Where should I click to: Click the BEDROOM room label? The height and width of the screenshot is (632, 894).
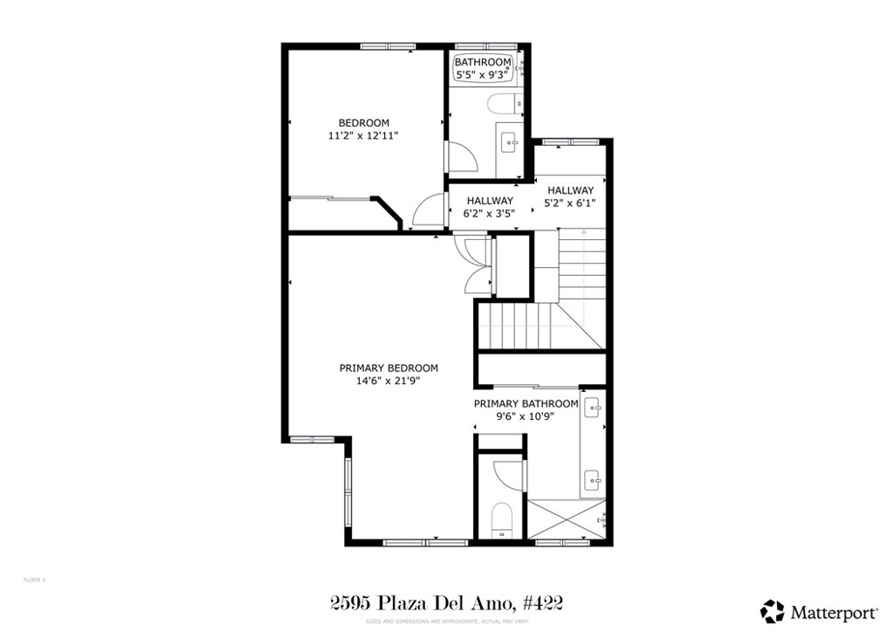pyautogui.click(x=364, y=123)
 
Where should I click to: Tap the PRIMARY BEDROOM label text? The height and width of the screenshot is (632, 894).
pyautogui.click(x=389, y=368)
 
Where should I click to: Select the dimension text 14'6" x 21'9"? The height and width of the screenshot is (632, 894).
pyautogui.click(x=389, y=381)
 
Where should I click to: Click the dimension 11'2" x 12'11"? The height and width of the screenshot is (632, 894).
pyautogui.click(x=364, y=136)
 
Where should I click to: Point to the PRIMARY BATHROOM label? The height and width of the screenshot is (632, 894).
pyautogui.click(x=526, y=404)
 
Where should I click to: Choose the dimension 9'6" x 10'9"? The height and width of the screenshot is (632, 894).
pyautogui.click(x=526, y=416)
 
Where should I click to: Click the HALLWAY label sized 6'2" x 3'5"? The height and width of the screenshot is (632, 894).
pyautogui.click(x=489, y=201)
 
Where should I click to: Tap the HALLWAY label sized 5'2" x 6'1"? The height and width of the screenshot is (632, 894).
pyautogui.click(x=570, y=190)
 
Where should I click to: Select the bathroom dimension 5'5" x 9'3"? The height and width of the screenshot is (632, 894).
pyautogui.click(x=482, y=75)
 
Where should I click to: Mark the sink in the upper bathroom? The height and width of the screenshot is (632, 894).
pyautogui.click(x=510, y=141)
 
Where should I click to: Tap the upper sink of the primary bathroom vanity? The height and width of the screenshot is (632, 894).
pyautogui.click(x=593, y=406)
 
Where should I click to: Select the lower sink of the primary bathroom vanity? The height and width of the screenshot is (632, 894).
pyautogui.click(x=593, y=477)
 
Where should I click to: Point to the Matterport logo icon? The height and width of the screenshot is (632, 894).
pyautogui.click(x=772, y=610)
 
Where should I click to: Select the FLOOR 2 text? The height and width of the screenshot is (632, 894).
pyautogui.click(x=34, y=580)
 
